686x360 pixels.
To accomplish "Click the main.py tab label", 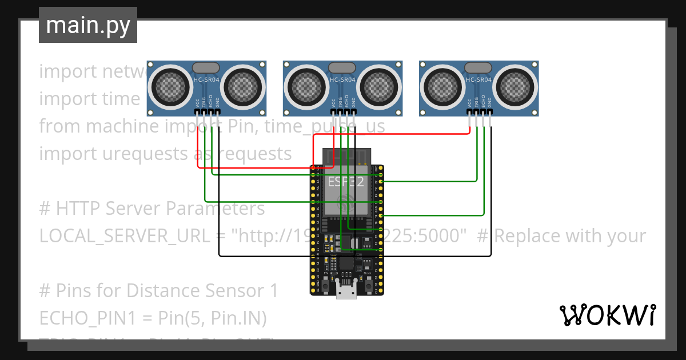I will click(87, 25).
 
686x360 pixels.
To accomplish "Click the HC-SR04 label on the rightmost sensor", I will click(478, 80).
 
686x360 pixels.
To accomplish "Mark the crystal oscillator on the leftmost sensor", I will click(206, 68).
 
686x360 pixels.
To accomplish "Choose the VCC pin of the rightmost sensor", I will click(470, 119).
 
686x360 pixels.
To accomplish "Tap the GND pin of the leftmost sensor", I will click(218, 119).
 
